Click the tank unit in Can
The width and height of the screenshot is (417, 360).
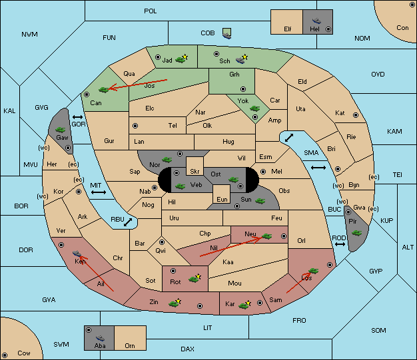[x=104, y=90]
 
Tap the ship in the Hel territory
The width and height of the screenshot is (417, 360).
[x=316, y=21]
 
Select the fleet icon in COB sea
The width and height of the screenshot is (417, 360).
[x=227, y=34]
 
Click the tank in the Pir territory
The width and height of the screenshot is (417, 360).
[x=356, y=233]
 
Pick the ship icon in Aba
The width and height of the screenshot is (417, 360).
[x=101, y=338]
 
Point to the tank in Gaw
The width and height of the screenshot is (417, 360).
[x=60, y=130]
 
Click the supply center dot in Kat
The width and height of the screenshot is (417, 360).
[x=356, y=115]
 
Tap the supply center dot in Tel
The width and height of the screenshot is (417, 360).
[x=135, y=125]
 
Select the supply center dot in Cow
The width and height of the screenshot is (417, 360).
[x=5, y=355]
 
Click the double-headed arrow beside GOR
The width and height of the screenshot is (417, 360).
[x=78, y=117]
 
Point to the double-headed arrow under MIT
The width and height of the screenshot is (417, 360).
[x=99, y=192]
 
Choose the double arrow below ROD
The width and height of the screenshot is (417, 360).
[x=340, y=244]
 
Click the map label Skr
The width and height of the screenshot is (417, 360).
[x=195, y=172]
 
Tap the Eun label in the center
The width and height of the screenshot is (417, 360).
[x=222, y=199]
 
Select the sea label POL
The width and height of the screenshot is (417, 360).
[x=151, y=11]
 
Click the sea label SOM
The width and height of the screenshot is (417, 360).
[x=378, y=330]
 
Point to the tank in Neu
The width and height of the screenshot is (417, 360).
[x=266, y=236]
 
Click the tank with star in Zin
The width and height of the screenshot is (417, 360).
[x=175, y=303]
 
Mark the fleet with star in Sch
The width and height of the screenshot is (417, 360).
[x=242, y=59]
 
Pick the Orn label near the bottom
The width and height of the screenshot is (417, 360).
[x=130, y=345]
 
